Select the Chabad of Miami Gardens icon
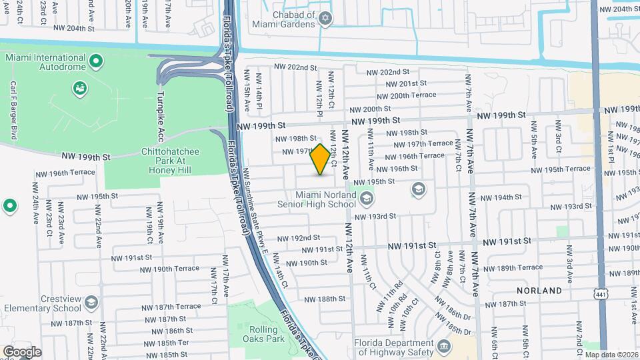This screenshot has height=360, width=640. click(x=326, y=18)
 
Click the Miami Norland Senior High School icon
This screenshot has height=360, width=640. click(x=366, y=198)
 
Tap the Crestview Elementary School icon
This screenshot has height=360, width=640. click(x=91, y=303)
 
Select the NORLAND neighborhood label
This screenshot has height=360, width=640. click(x=539, y=291)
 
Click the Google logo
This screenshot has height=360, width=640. click(x=22, y=351)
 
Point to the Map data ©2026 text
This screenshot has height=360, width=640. click(x=611, y=355)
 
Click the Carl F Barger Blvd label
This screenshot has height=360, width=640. click(x=12, y=109)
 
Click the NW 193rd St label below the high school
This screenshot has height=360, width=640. click(x=375, y=216)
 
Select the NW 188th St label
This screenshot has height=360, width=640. click(x=325, y=299)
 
